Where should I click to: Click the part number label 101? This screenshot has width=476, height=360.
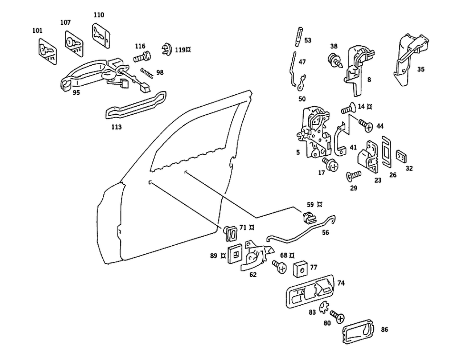pos(37,31)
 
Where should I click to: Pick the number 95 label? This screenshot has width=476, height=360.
pos(76,93)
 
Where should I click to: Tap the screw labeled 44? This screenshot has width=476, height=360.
pos(366,126)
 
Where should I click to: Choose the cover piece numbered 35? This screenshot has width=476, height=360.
pos(408,60)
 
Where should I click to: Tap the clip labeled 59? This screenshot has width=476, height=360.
pos(307,218)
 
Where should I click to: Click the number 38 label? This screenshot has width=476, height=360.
pos(334,47)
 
